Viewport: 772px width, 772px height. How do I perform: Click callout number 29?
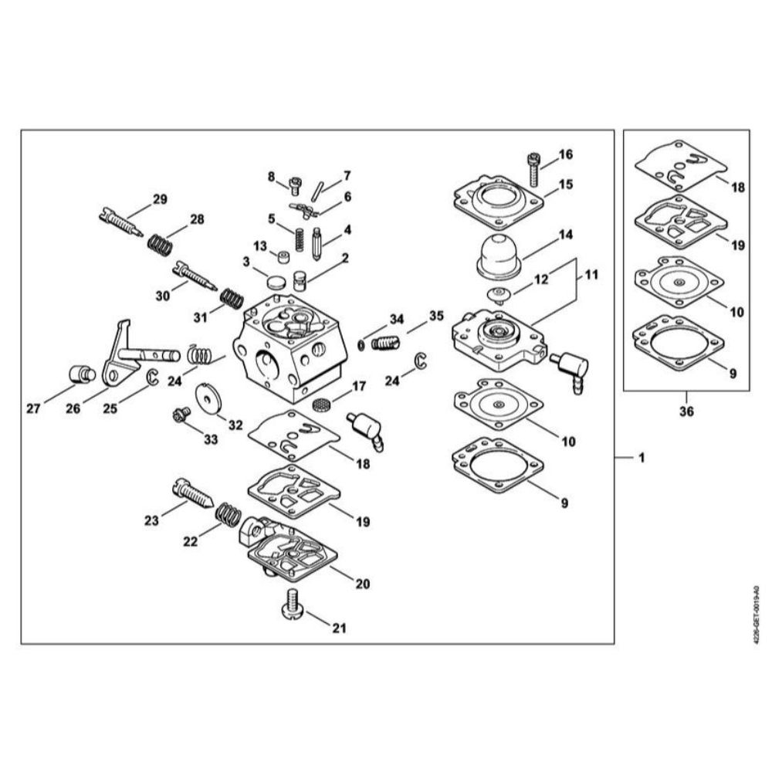160,199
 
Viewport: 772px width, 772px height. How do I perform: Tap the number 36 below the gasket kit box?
686,411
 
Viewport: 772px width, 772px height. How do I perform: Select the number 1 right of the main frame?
640,458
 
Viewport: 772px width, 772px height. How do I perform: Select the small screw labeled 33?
182,415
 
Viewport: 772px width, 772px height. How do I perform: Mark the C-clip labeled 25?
152,378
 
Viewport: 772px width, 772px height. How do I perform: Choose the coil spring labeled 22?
227,511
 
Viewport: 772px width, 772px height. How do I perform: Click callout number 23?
151,521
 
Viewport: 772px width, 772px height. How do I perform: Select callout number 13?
260,245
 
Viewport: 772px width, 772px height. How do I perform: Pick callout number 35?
437,316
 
